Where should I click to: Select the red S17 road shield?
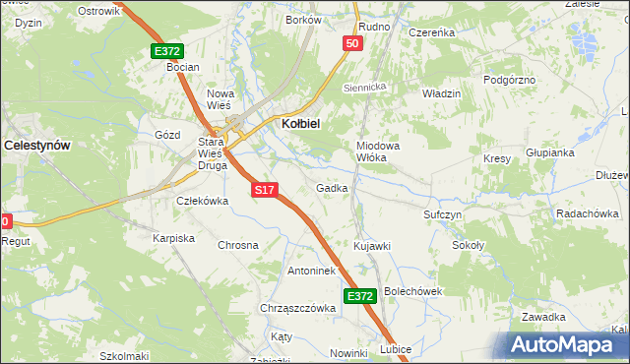(x=263, y=189)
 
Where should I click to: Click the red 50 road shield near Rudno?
(x=353, y=43)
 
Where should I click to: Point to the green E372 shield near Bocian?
(x=167, y=51)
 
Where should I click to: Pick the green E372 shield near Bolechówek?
(x=359, y=295)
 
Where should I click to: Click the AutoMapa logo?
(x=565, y=344)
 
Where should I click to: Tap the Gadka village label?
(x=332, y=187)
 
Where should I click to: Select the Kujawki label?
(x=372, y=245)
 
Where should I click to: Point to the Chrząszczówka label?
(x=298, y=308)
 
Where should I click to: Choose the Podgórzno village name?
(x=509, y=79)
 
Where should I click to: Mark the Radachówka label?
(x=587, y=213)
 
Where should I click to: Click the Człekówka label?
(x=201, y=200)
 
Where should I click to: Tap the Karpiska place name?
(x=173, y=238)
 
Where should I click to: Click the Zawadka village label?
(x=543, y=317)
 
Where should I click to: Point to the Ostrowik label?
(x=97, y=10)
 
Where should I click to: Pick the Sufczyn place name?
(x=443, y=213)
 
